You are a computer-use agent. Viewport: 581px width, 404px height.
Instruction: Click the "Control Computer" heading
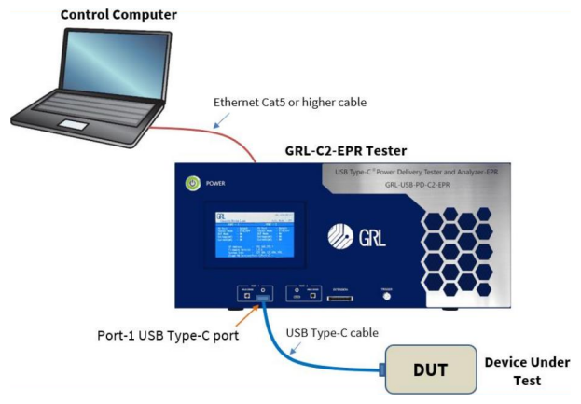pyautogui.click(x=118, y=14)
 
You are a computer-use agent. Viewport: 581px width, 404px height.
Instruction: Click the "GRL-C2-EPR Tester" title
pyautogui.click(x=344, y=150)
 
